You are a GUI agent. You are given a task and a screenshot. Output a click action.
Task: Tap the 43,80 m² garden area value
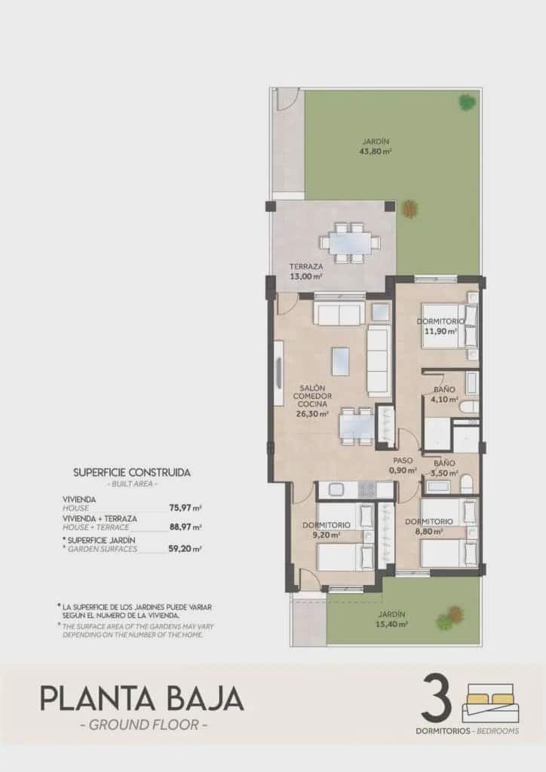click(x=376, y=151)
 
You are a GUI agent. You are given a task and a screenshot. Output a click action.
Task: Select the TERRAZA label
click(x=306, y=267)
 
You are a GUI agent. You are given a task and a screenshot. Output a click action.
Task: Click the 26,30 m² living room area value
click(x=313, y=414)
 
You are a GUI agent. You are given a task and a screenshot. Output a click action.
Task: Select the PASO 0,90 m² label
click(x=403, y=464)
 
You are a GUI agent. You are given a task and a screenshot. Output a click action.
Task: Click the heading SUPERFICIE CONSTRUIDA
click(x=132, y=473)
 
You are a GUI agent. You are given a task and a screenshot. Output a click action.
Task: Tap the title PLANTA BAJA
click(x=142, y=699)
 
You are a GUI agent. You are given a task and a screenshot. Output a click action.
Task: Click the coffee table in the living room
click(x=341, y=360)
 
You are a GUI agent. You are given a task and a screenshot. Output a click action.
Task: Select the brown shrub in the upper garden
click(x=409, y=208)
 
